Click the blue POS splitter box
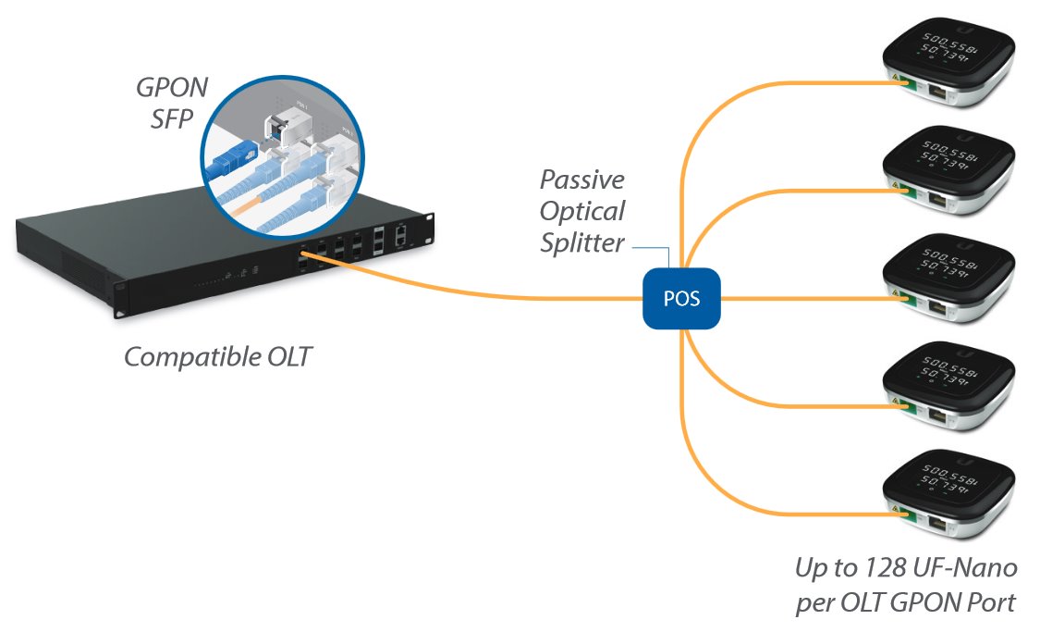pyautogui.click(x=682, y=298)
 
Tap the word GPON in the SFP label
pyautogui.click(x=173, y=88)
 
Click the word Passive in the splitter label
pyautogui.click(x=581, y=179)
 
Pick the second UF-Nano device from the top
pyautogui.click(x=948, y=172)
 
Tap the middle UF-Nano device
pyautogui.click(x=948, y=279)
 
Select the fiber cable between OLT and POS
pyautogui.click(x=499, y=295)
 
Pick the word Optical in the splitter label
pyautogui.click(x=582, y=211)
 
